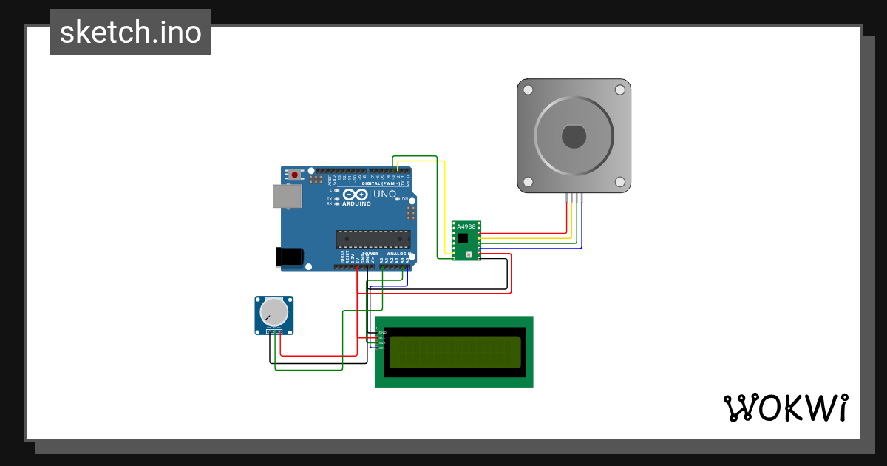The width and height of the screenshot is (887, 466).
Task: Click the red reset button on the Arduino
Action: point(296,175)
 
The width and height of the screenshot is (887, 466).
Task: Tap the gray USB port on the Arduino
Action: point(287,196)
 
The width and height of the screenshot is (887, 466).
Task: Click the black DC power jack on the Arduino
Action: point(289,256)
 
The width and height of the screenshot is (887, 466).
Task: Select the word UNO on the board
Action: point(384,194)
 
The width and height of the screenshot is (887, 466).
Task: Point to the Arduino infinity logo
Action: point(356,194)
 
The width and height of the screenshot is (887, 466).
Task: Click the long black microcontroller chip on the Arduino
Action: point(373,239)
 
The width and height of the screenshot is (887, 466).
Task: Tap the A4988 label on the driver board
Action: point(466,226)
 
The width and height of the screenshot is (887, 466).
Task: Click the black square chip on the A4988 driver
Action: point(463,239)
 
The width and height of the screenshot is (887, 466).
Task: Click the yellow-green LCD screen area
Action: point(455,352)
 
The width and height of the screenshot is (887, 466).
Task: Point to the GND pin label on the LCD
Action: point(382,333)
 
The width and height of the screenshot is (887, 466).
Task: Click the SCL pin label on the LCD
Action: point(382,348)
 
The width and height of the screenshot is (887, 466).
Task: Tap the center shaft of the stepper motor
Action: point(574,137)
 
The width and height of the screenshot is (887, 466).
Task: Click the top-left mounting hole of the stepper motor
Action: point(528,90)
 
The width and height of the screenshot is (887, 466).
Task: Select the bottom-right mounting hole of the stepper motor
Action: point(620,182)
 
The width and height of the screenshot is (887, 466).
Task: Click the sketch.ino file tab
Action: point(131,33)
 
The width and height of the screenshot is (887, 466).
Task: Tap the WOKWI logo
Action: point(785,408)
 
